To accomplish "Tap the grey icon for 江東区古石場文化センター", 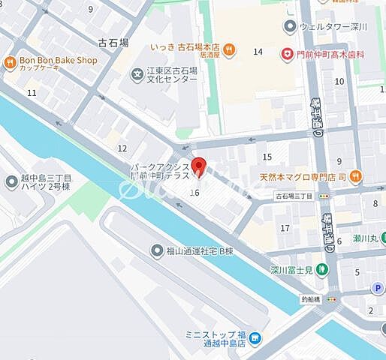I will point(138,73).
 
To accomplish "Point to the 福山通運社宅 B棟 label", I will point(198,250).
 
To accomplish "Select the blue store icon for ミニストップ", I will point(254,339).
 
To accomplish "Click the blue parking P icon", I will point(378,288).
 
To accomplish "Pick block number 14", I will point(258,52).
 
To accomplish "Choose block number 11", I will point(32,92).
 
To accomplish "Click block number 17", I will point(285,227).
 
